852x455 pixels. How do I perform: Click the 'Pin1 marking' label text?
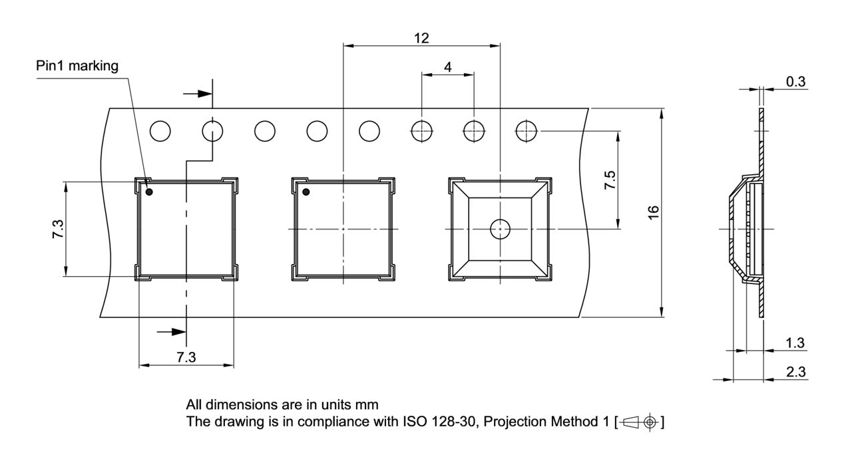tap(77, 66)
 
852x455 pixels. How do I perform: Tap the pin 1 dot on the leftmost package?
tap(149, 192)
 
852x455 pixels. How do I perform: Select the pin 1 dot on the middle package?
tap(306, 192)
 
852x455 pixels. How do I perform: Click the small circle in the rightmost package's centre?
tap(499, 229)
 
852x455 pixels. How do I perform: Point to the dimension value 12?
tap(421, 38)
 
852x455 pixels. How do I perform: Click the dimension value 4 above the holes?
tap(447, 67)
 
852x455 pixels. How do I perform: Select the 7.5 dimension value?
tap(610, 180)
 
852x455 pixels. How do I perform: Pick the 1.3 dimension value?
tap(795, 343)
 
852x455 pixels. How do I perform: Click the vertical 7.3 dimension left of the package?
tap(58, 229)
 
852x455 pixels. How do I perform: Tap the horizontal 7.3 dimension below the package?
tap(186, 358)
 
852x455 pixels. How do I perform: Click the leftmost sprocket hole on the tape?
tap(160, 131)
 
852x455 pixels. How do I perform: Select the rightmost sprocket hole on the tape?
tap(526, 131)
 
